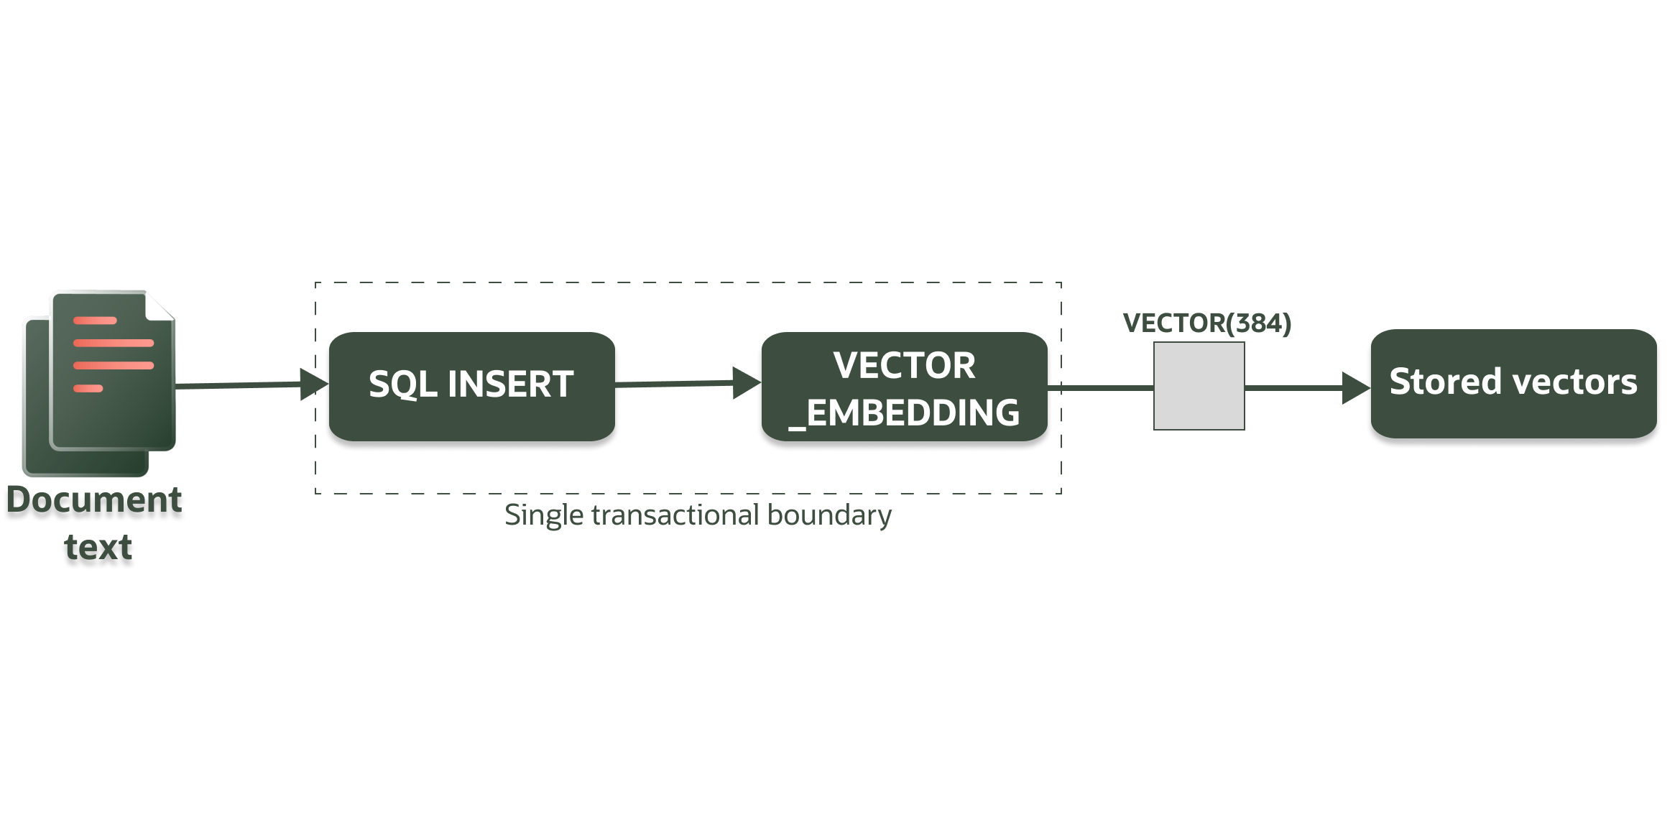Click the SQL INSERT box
tap(471, 386)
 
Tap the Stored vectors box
tap(1513, 383)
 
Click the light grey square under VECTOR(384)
tap(1199, 386)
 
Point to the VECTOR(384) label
tap(1207, 323)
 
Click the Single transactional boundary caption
tap(698, 515)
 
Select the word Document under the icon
tap(94, 500)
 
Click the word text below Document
tap(98, 547)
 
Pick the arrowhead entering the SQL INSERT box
tap(313, 385)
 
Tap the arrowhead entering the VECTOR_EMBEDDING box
tap(746, 382)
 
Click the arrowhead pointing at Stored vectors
tap(1355, 388)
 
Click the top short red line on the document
tap(95, 321)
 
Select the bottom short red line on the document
tap(88, 389)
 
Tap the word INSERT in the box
tap(510, 385)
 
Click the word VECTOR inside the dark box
tap(904, 366)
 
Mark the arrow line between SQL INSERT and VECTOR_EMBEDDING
tap(675, 384)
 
